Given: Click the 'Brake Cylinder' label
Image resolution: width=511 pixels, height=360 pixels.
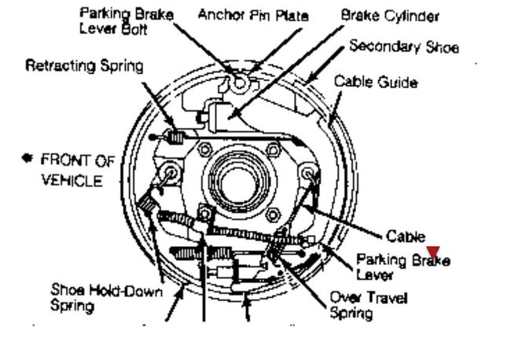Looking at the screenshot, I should [390, 16].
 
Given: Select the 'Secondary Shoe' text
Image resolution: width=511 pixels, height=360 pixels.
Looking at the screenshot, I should [403, 46].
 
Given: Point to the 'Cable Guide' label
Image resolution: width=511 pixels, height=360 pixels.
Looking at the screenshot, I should [375, 82].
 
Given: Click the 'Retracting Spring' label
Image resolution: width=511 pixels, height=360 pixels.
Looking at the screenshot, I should [84, 66].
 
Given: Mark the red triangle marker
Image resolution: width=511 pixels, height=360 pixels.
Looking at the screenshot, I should [432, 252].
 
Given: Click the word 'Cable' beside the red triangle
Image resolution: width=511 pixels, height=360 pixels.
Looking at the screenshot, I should [405, 236].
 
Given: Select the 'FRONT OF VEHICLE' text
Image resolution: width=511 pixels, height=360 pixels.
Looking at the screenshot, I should [76, 170].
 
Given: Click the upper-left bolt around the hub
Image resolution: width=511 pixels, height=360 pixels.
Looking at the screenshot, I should [204, 149].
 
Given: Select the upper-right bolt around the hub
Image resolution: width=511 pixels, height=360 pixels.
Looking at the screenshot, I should [273, 149].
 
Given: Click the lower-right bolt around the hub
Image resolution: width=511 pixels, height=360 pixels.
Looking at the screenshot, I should [273, 215].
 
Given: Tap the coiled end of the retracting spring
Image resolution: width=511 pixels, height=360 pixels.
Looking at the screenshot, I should [176, 139].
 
